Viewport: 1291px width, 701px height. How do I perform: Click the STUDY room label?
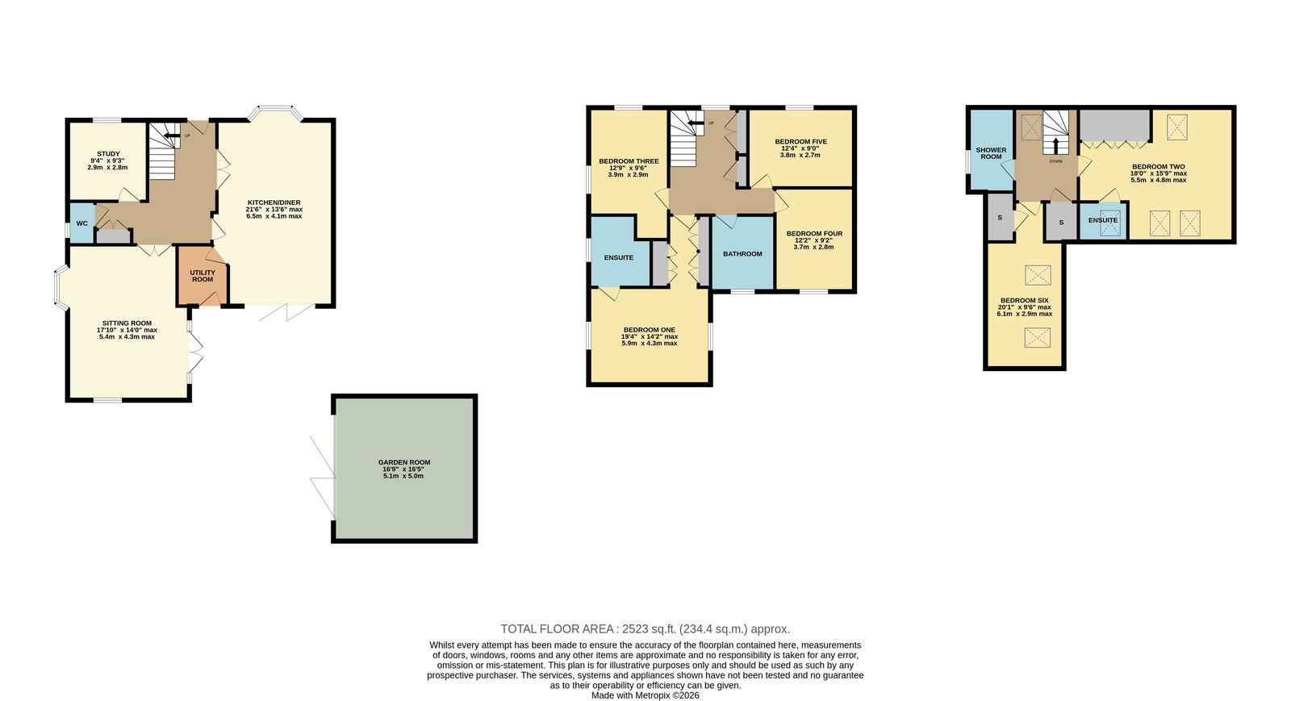pyautogui.click(x=108, y=154)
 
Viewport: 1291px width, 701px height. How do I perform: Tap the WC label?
pyautogui.click(x=81, y=223)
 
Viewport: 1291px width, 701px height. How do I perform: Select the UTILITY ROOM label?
pyautogui.click(x=203, y=276)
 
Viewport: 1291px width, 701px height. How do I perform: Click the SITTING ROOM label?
pyautogui.click(x=127, y=323)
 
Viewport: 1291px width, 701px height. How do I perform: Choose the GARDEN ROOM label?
pyautogui.click(x=404, y=462)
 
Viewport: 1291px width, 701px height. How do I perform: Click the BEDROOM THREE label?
pyautogui.click(x=629, y=161)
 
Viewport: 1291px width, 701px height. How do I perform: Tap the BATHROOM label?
pyautogui.click(x=742, y=254)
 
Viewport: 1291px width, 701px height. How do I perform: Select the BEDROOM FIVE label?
pyautogui.click(x=800, y=142)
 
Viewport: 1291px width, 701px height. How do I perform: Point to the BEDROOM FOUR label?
pyautogui.click(x=814, y=234)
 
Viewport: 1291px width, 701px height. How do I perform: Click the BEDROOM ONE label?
pyautogui.click(x=649, y=330)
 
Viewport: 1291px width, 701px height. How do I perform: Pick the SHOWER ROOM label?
pyautogui.click(x=992, y=153)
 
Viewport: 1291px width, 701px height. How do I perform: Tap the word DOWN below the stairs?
pyautogui.click(x=1056, y=161)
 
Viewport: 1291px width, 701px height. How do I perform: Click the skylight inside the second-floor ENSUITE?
pyautogui.click(x=1110, y=225)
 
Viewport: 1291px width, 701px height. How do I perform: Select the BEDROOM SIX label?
pyautogui.click(x=1024, y=301)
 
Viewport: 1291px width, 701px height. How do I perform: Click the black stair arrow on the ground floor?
pyautogui.click(x=171, y=136)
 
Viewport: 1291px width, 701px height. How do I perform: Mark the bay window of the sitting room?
pyautogui.click(x=61, y=286)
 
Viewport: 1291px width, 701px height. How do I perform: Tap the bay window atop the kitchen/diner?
pyautogui.click(x=275, y=112)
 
